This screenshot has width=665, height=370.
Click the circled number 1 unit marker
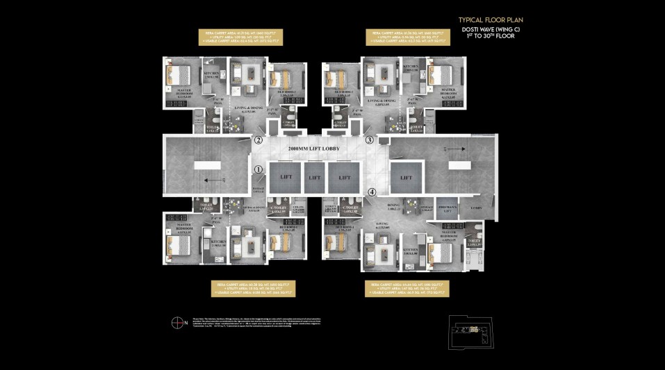click(258, 169)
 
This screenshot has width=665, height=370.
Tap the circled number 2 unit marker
click(258, 140)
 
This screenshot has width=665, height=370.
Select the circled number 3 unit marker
click(370, 140)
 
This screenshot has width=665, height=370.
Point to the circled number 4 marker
click(371, 192)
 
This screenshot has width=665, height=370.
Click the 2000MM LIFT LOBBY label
click(313, 149)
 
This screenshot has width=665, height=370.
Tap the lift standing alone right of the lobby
click(405, 177)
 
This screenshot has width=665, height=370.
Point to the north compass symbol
click(177, 321)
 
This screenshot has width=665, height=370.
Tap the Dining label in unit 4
click(395, 206)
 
